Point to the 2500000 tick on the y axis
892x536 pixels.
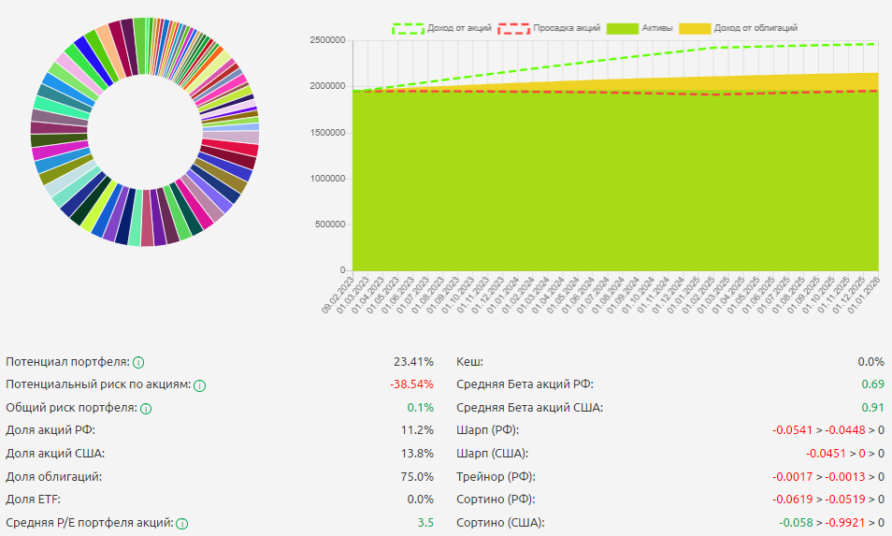[328, 40]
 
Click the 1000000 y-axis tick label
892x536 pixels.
[328, 179]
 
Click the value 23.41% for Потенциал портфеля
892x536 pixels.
[414, 362]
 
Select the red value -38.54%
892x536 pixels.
[411, 384]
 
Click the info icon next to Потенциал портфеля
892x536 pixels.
[138, 362]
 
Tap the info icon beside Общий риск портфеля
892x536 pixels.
[146, 408]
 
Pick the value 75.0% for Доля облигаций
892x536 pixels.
[417, 476]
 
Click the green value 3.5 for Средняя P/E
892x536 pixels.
[425, 523]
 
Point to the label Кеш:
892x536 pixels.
[469, 362]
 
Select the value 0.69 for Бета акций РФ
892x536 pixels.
[872, 384]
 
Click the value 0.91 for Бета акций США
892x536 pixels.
[872, 408]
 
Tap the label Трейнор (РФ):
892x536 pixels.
[492, 476]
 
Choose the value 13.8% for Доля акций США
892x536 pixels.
[417, 454]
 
